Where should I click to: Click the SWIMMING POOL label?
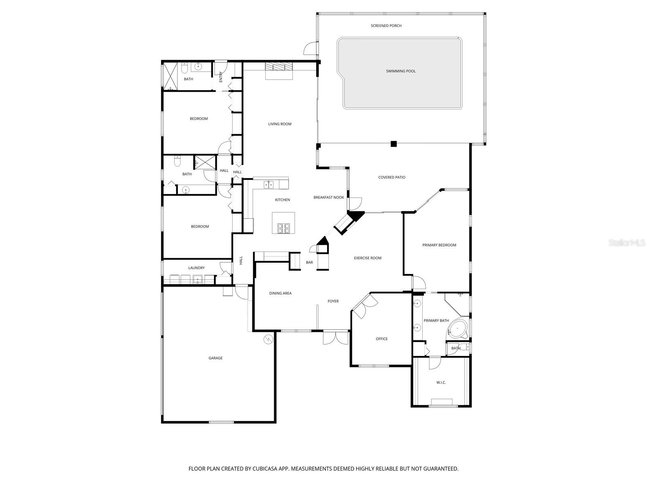400,71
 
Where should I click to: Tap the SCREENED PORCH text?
386,26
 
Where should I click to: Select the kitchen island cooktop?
283,228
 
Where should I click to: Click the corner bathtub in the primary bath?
458,329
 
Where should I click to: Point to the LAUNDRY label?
197,268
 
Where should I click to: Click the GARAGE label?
216,358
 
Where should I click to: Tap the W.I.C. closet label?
441,382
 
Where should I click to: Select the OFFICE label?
381,339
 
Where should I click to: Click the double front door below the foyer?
336,337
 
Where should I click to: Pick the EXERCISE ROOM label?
368,258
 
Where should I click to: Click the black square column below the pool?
393,143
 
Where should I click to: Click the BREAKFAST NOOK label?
329,198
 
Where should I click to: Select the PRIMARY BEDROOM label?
439,245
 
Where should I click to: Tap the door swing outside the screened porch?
309,48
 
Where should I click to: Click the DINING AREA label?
280,293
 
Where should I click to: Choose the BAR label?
309,263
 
